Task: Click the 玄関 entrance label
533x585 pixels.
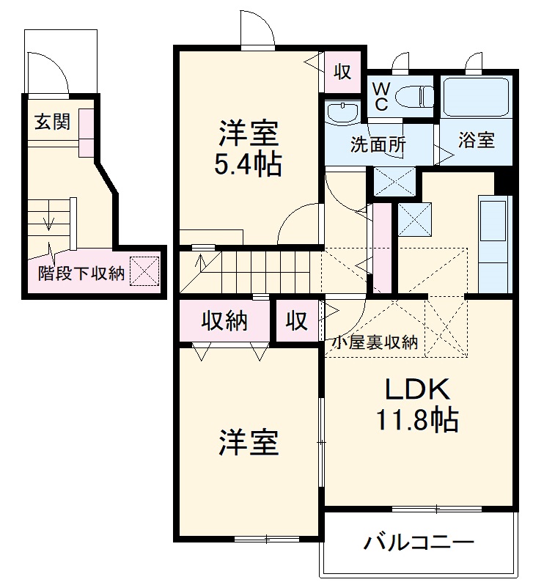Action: pos(51,122)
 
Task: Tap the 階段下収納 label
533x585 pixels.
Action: pos(81,274)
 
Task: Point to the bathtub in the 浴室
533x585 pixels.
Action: pos(475,96)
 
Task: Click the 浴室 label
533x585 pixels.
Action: pos(476,140)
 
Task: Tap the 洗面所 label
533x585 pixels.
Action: pos(378,144)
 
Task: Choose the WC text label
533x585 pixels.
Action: pos(381,95)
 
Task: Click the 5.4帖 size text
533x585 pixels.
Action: pos(248,165)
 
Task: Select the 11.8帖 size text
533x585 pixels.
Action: pos(417,420)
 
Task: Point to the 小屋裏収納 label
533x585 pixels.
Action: pos(375,342)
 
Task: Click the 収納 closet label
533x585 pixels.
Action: pos(224,321)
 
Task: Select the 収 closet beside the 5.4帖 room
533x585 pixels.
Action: pos(342,72)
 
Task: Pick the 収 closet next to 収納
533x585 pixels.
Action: pos(297,321)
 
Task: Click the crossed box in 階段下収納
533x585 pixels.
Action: pos(144,271)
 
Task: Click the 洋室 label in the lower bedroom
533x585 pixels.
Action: pos(248,443)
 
